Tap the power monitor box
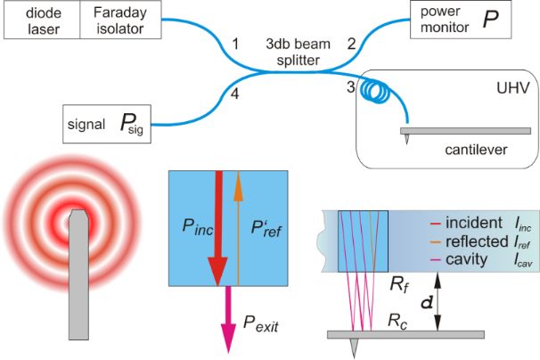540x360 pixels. click(x=461, y=20)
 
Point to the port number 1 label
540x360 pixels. click(x=235, y=43)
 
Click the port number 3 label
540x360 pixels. click(x=351, y=86)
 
